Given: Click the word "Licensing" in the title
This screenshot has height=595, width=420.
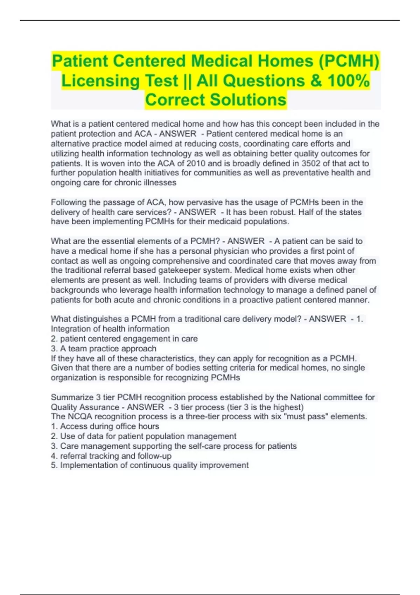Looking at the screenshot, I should tap(100, 81).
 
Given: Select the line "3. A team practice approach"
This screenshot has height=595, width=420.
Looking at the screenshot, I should tap(104, 349).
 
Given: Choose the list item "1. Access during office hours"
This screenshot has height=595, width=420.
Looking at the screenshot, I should tap(105, 426).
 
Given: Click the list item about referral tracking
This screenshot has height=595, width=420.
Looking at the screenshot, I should tap(111, 456).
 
